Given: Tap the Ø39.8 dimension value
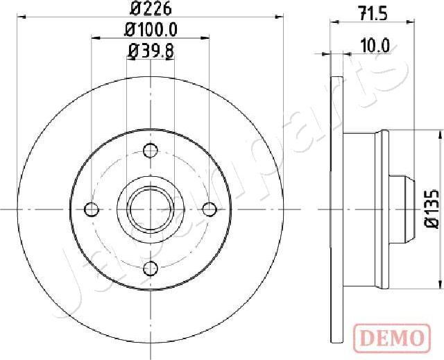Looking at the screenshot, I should (149, 49).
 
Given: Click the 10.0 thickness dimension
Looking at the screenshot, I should (375, 46).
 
